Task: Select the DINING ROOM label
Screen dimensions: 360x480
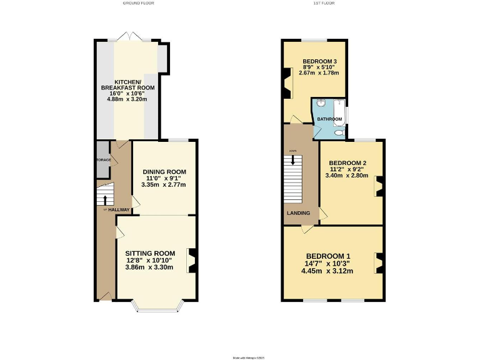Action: (164, 172)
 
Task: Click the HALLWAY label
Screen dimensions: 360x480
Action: (118, 209)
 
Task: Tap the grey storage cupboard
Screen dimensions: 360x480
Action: (102, 159)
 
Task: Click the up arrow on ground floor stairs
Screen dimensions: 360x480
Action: (104, 200)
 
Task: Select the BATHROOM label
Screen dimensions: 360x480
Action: (329, 119)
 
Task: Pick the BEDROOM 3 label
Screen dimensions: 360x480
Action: (314, 61)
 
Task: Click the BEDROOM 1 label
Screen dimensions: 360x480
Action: (327, 256)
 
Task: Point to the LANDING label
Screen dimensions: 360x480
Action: (297, 212)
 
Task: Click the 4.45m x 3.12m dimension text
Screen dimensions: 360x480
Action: (327, 271)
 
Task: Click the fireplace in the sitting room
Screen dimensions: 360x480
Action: (192, 261)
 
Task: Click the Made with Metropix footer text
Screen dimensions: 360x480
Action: (240, 357)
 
